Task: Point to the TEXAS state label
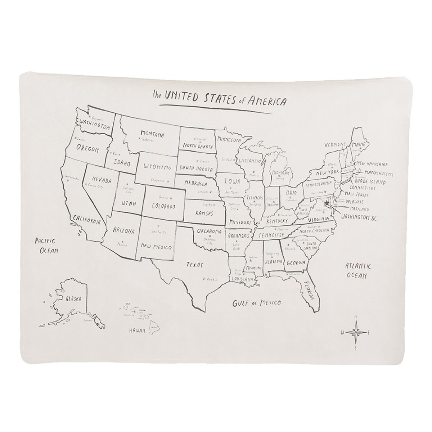coord(193,265)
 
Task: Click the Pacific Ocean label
coord(47,245)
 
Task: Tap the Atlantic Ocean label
coord(357,271)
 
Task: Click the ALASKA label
coord(73,298)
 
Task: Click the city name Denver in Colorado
coord(163,198)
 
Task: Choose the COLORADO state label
coord(163,207)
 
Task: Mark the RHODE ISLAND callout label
coord(370,182)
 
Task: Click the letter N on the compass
coord(356,317)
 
